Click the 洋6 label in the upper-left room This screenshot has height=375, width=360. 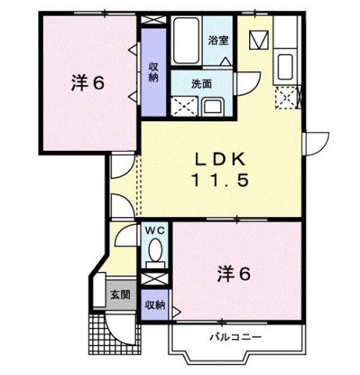[x=87, y=81]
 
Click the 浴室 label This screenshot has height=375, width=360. [x=218, y=41]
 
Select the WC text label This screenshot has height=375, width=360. [x=153, y=232]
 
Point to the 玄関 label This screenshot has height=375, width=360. [x=120, y=295]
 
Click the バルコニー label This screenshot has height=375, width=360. [x=234, y=337]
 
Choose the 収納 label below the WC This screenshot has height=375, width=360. [x=155, y=305]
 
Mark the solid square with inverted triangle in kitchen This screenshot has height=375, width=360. [x=259, y=38]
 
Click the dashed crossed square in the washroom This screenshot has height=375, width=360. [x=186, y=105]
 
